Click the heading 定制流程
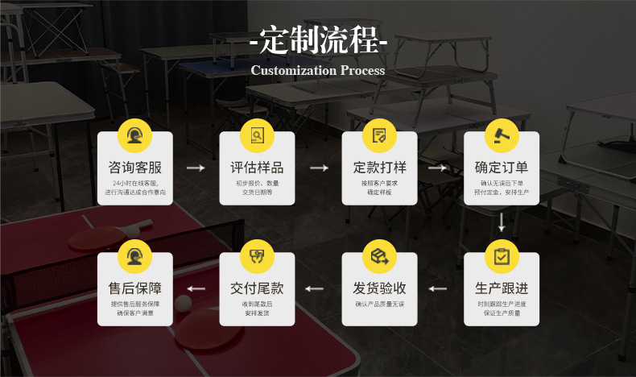pos(318,39)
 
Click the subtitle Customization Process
pos(318,70)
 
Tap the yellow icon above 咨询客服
pos(135,135)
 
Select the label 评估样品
pos(258,168)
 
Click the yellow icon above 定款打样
pos(379,135)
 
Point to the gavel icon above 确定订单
pos(502,135)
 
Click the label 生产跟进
pos(502,288)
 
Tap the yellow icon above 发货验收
pos(379,256)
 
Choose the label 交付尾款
pos(258,288)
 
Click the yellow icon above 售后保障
pos(135,256)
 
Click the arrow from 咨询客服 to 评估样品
pos(196,168)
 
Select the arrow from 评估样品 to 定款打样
pos(319,168)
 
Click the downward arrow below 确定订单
pos(502,222)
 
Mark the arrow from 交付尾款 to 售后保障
pos(196,288)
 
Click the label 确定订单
pos(502,168)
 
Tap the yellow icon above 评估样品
pos(258,135)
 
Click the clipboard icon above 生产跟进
pos(502,256)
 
